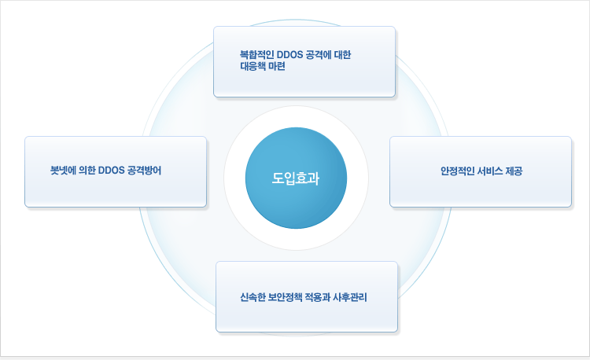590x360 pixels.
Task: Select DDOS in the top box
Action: point(289,55)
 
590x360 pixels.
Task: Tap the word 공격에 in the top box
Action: point(319,55)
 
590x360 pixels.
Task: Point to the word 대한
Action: point(342,55)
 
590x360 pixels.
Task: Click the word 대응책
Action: point(253,66)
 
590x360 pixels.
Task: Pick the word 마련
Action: point(277,66)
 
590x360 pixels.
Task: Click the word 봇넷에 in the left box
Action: point(63,171)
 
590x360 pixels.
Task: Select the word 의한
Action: point(87,171)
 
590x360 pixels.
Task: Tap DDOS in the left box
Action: point(111,171)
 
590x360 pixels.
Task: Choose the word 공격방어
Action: point(144,171)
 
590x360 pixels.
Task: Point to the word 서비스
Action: point(490,171)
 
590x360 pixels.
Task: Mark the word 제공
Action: point(514,171)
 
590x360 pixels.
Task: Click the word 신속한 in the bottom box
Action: point(253,297)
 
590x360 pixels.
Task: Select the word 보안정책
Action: point(286,297)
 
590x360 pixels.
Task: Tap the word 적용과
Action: point(318,297)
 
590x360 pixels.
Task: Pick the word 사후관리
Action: point(350,297)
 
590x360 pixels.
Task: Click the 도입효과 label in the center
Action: point(296,178)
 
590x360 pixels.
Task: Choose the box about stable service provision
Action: point(481,171)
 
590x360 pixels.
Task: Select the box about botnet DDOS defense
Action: point(116,171)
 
